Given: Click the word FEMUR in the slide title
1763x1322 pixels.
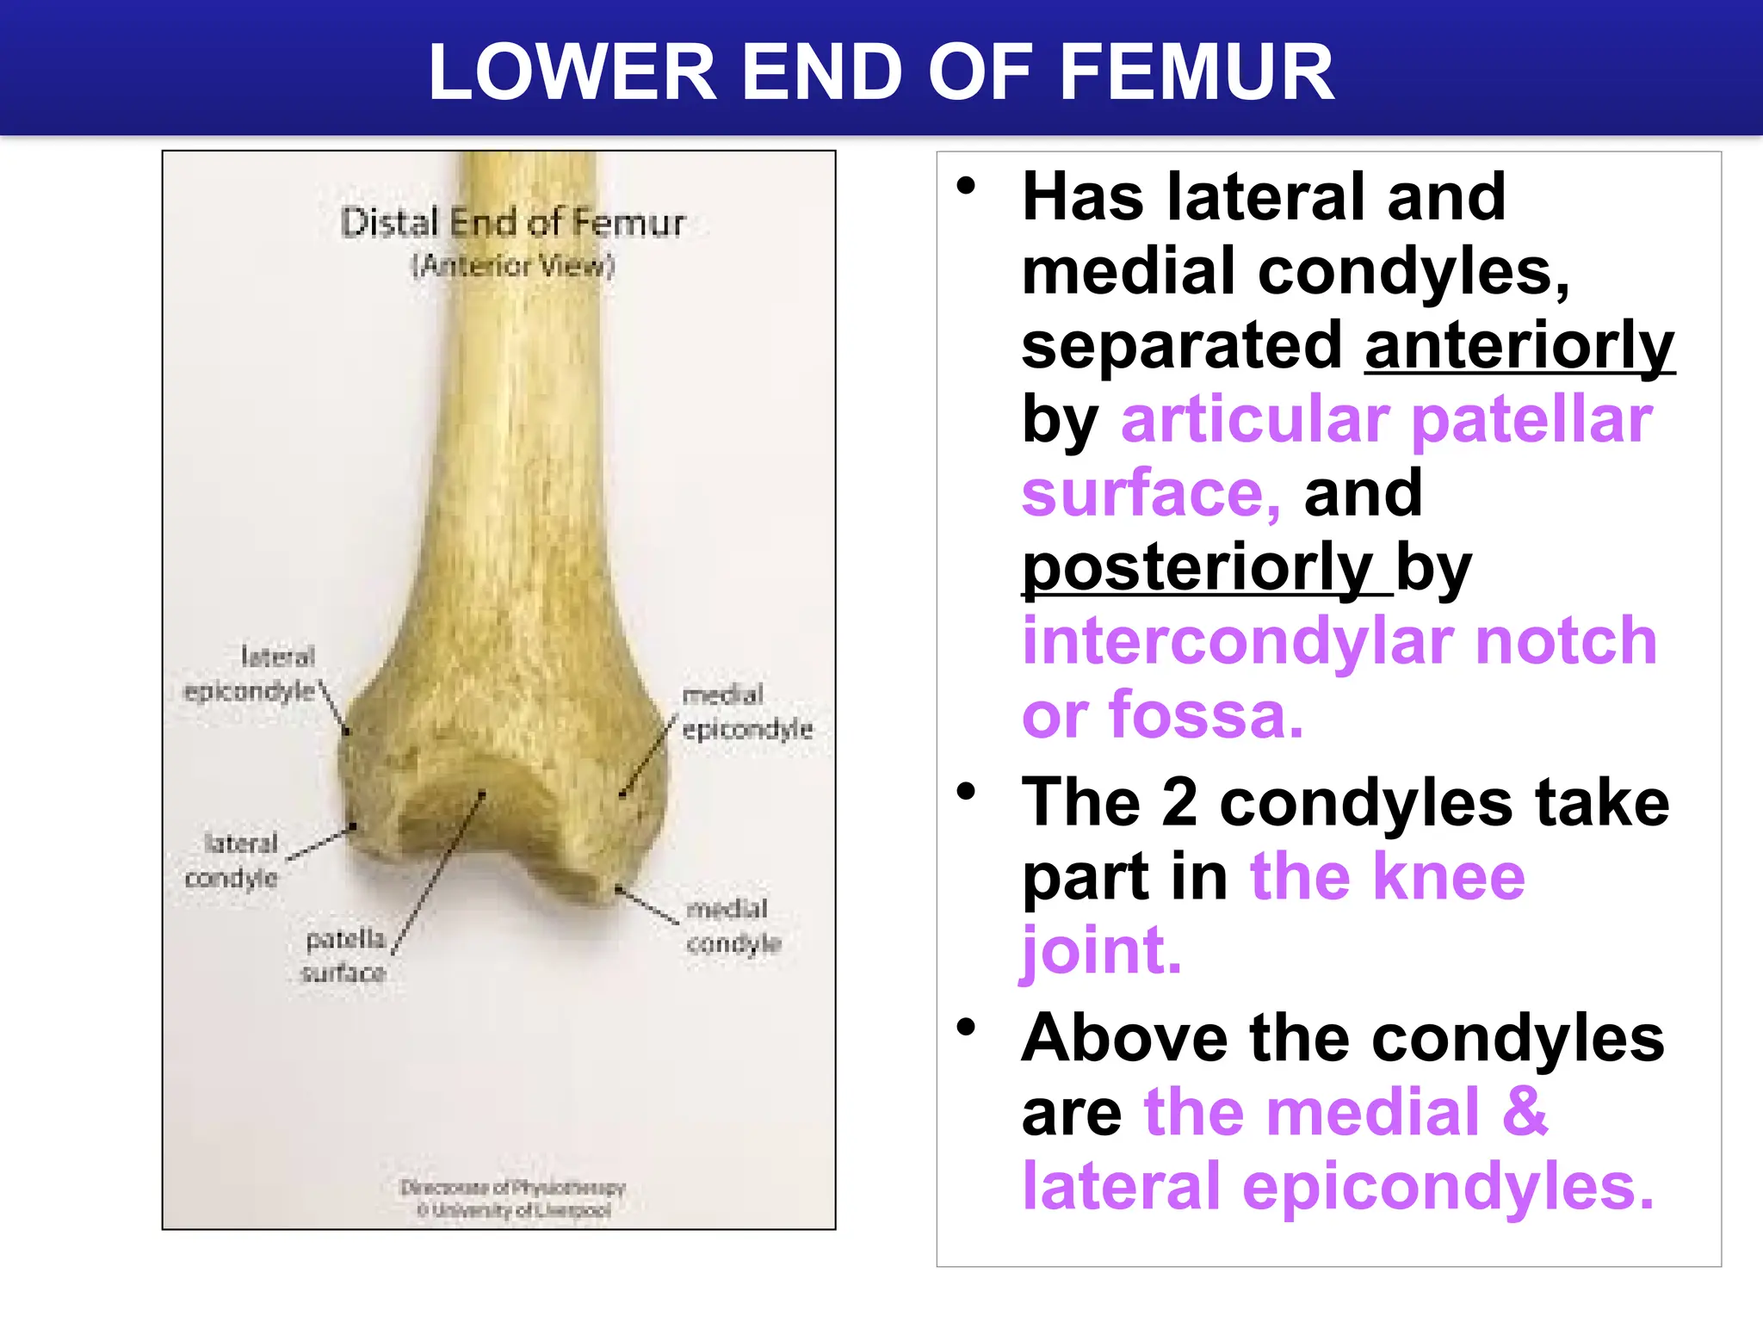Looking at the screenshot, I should pyautogui.click(x=1197, y=72).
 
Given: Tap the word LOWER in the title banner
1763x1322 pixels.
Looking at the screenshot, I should pyautogui.click(x=572, y=72).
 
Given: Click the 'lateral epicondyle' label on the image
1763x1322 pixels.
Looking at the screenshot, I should pyautogui.click(x=251, y=674).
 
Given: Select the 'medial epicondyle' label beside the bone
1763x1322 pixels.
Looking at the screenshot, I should pyautogui.click(x=745, y=712).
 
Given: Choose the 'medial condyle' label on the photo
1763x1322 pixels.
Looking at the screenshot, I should pyautogui.click(x=733, y=926).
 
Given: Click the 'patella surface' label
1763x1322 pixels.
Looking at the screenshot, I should pyautogui.click(x=344, y=955).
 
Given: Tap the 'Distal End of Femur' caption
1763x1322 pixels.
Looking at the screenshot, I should pyautogui.click(x=512, y=223).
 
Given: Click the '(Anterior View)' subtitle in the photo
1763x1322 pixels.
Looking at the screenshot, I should pyautogui.click(x=513, y=265).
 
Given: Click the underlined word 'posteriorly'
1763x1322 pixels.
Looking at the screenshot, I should pyautogui.click(x=1197, y=568).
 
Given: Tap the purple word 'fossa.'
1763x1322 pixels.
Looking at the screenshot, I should pyautogui.click(x=1206, y=715).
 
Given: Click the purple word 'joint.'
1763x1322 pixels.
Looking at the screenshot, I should pyautogui.click(x=1101, y=951).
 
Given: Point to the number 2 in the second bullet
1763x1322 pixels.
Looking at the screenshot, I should pyautogui.click(x=1178, y=802).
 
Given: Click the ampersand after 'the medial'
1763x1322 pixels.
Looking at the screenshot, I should pyautogui.click(x=1525, y=1112).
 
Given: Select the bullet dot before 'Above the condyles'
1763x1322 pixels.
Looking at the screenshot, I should pyautogui.click(x=967, y=1027).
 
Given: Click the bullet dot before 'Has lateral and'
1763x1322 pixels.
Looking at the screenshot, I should pyautogui.click(x=967, y=186).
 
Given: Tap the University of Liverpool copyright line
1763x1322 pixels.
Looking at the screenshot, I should pyautogui.click(x=514, y=1211).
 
